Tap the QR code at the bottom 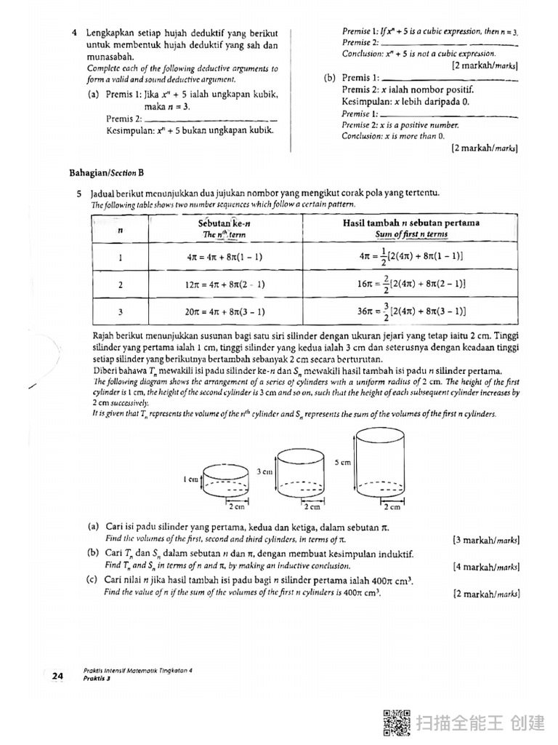coord(396,722)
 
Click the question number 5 coord(78,194)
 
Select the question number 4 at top coord(75,33)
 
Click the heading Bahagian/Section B coord(106,172)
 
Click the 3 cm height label coord(265,471)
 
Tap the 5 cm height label coord(343,462)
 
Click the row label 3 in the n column coord(120,311)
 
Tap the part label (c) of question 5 coord(93,580)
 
